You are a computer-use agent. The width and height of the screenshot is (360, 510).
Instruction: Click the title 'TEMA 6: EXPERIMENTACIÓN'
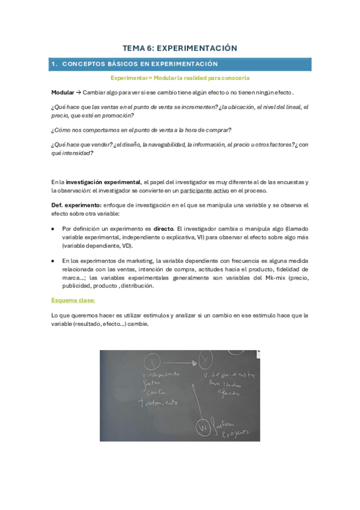pos(180,48)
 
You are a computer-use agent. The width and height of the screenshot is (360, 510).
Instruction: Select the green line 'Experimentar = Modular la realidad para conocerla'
pos(180,78)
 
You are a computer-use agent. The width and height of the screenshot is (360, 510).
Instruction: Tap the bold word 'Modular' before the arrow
pos(63,92)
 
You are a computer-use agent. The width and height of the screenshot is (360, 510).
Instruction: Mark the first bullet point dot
pos(54,229)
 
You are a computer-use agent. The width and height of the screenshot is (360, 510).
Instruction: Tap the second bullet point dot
pos(54,260)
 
